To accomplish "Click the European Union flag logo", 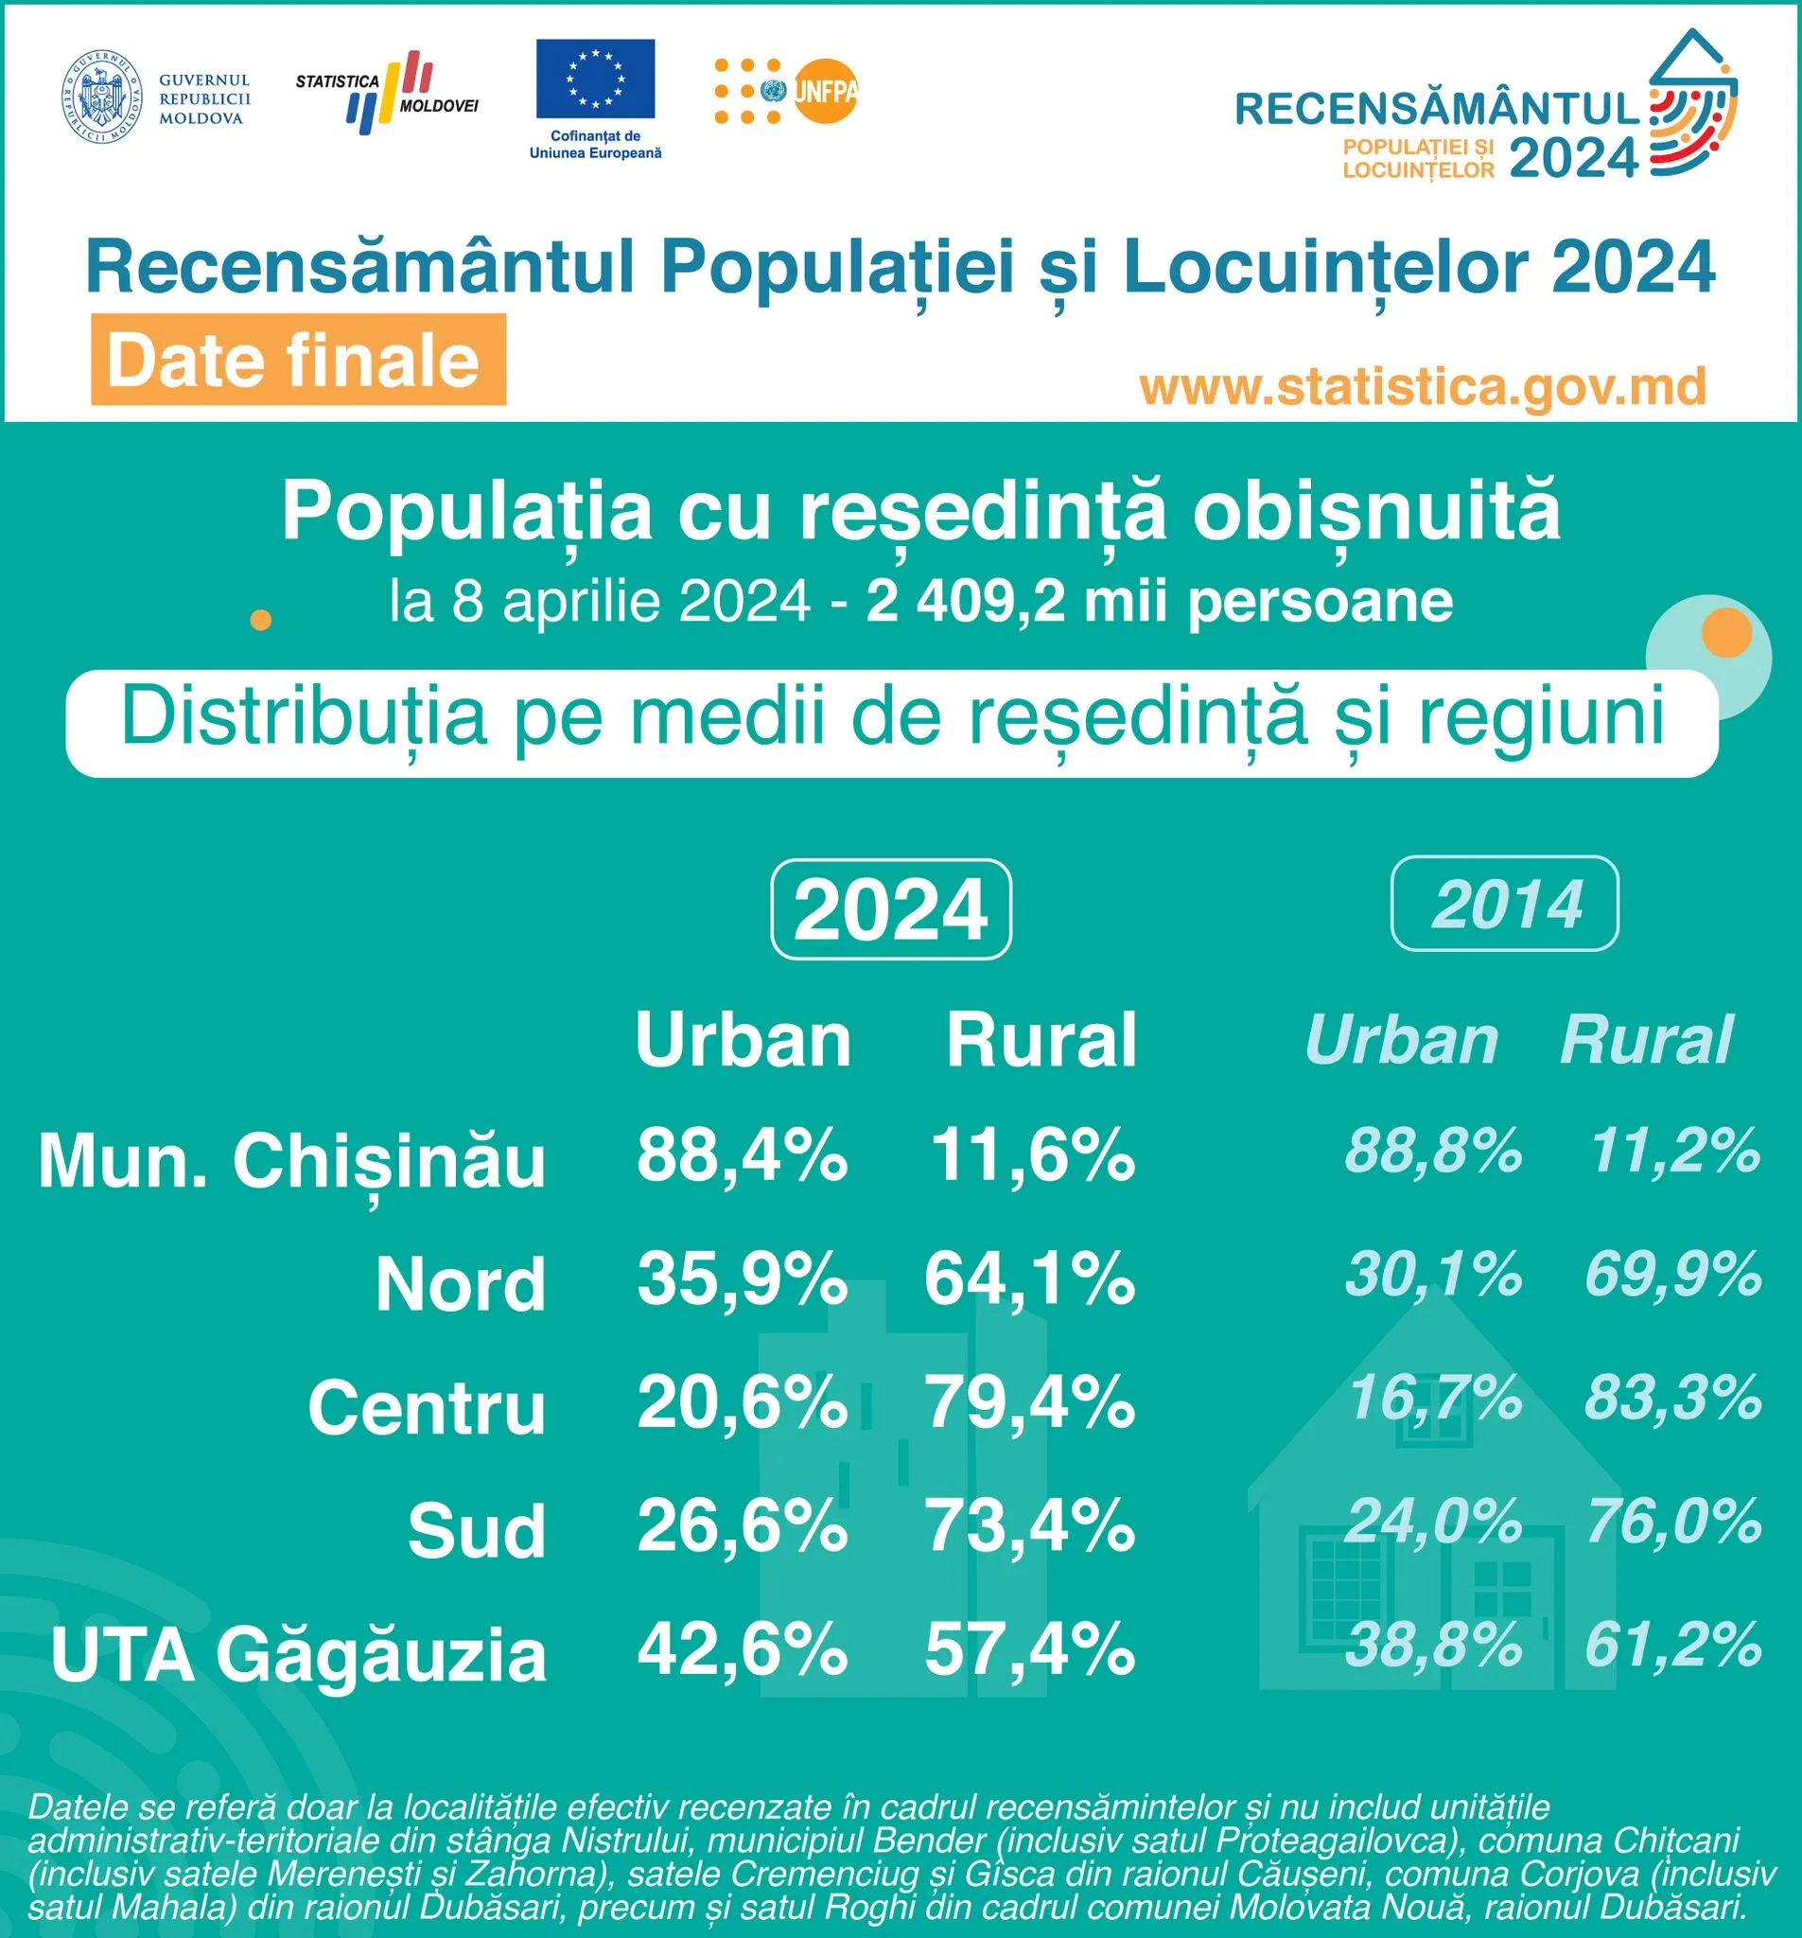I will click(594, 79).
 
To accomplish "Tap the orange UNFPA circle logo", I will click(825, 92).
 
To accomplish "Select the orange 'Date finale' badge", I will click(298, 360).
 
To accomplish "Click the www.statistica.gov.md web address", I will click(1423, 387).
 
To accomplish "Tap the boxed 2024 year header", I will click(891, 908).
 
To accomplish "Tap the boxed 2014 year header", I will click(1505, 904).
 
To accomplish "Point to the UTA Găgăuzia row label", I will click(298, 1654).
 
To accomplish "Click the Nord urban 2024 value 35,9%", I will click(742, 1278).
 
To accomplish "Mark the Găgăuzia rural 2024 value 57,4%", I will click(1029, 1648).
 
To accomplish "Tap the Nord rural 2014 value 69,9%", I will click(1672, 1274).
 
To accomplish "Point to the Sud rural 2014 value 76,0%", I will click(1672, 1522).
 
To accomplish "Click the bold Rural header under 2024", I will click(1041, 1040).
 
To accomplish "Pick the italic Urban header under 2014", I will click(1402, 1040).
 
